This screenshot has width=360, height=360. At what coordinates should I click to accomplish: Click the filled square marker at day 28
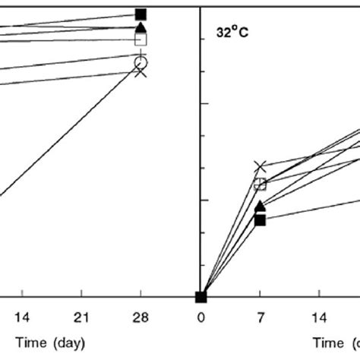[x=141, y=14]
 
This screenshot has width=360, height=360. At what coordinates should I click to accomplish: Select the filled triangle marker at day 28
[x=141, y=28]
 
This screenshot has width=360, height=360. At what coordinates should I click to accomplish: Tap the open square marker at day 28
[x=141, y=39]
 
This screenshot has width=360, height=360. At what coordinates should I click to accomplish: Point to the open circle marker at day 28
[x=141, y=62]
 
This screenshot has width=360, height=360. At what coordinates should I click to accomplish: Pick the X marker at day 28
[x=141, y=72]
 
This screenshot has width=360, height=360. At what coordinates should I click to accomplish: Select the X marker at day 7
[x=261, y=166]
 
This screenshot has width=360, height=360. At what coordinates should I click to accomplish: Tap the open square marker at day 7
[x=261, y=184]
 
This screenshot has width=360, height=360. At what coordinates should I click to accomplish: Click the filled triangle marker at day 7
[x=261, y=206]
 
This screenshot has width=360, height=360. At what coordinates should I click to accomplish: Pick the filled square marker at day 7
[x=261, y=219]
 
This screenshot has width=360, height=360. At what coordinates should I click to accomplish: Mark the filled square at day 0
[x=201, y=297]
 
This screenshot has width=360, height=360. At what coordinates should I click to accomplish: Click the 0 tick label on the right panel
[x=201, y=317]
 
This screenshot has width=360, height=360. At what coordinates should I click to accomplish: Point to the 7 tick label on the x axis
[x=261, y=317]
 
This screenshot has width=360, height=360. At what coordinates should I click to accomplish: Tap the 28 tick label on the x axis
[x=141, y=317]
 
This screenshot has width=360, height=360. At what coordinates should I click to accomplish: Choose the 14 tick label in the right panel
[x=320, y=317]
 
